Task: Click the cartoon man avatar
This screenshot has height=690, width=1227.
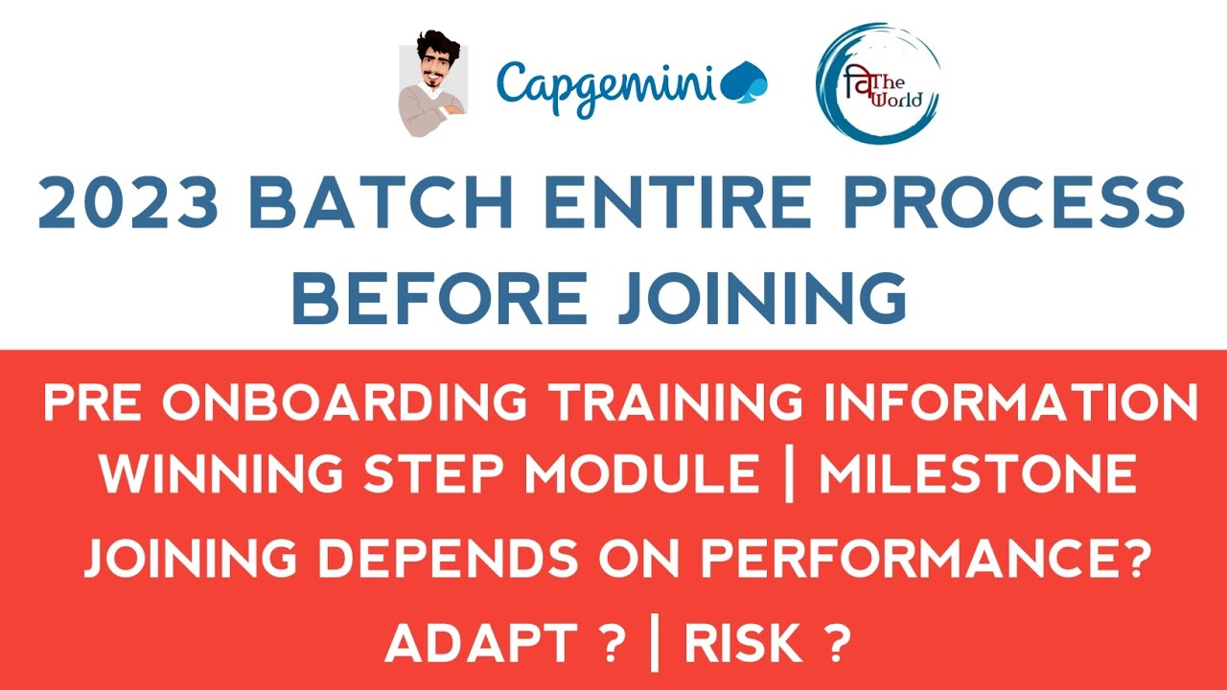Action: pos(430,84)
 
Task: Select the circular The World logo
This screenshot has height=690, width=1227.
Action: pos(876,84)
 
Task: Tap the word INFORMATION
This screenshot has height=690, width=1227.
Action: pos(1011,403)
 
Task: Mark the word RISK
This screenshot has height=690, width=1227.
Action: pos(742,644)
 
